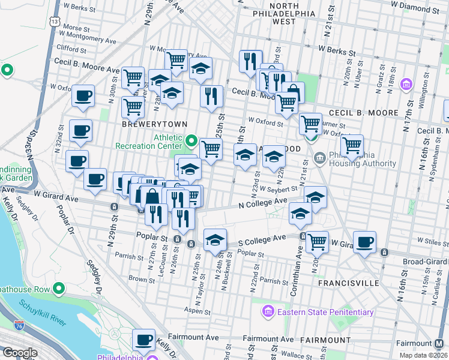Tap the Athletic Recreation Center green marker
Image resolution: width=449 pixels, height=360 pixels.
(x=191, y=142)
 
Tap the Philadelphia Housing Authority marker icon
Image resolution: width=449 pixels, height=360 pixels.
(x=319, y=158)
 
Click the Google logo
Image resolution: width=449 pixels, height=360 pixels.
(x=20, y=353)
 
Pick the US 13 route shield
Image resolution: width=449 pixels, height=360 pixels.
(x=55, y=21)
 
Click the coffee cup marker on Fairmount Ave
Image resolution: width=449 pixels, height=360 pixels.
(x=144, y=340)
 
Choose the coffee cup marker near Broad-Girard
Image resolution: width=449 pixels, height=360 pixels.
(x=365, y=242)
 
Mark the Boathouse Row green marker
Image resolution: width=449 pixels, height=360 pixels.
(x=59, y=289)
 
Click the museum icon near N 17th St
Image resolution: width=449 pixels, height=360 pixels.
(x=405, y=83)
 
